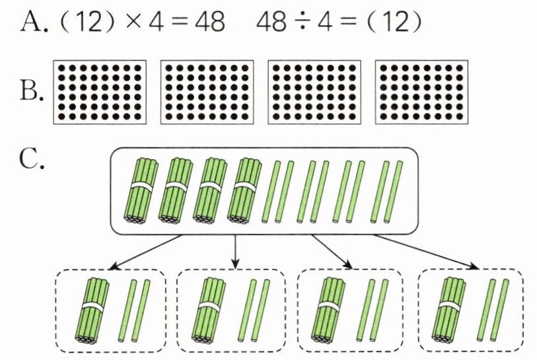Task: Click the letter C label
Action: [x=29, y=161]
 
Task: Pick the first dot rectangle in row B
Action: [x=98, y=92]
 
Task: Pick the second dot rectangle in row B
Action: [x=206, y=92]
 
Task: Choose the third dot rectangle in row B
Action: [x=314, y=92]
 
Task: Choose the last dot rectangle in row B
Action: [x=421, y=92]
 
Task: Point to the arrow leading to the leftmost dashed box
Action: [x=145, y=252]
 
